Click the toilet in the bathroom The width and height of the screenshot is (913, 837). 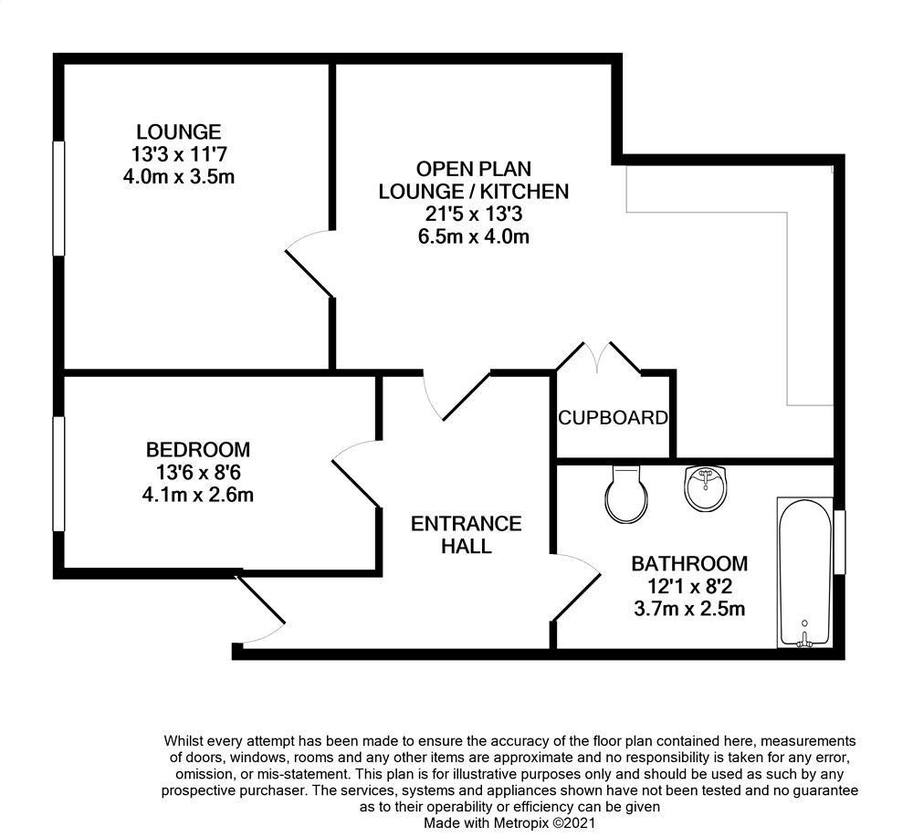tap(626, 494)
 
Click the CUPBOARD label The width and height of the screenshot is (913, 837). tap(613, 418)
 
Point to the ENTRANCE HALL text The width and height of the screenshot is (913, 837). tap(466, 535)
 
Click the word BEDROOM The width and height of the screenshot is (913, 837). tap(198, 450)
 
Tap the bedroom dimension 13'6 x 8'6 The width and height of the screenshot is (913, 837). tap(198, 473)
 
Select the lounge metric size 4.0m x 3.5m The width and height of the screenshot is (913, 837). tap(179, 176)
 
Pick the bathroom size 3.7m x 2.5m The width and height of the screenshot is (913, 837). tap(689, 608)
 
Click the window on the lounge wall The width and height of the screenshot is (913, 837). tap(58, 198)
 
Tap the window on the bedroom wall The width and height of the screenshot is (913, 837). tap(58, 473)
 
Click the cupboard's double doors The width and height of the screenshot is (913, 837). tap(598, 357)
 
